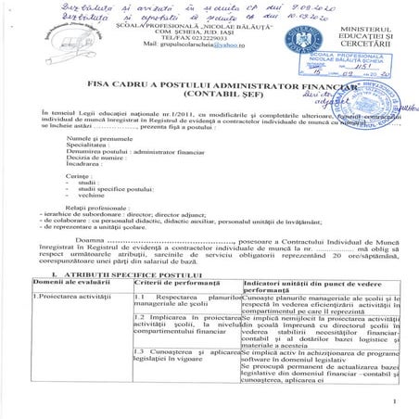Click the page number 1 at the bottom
394,400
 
